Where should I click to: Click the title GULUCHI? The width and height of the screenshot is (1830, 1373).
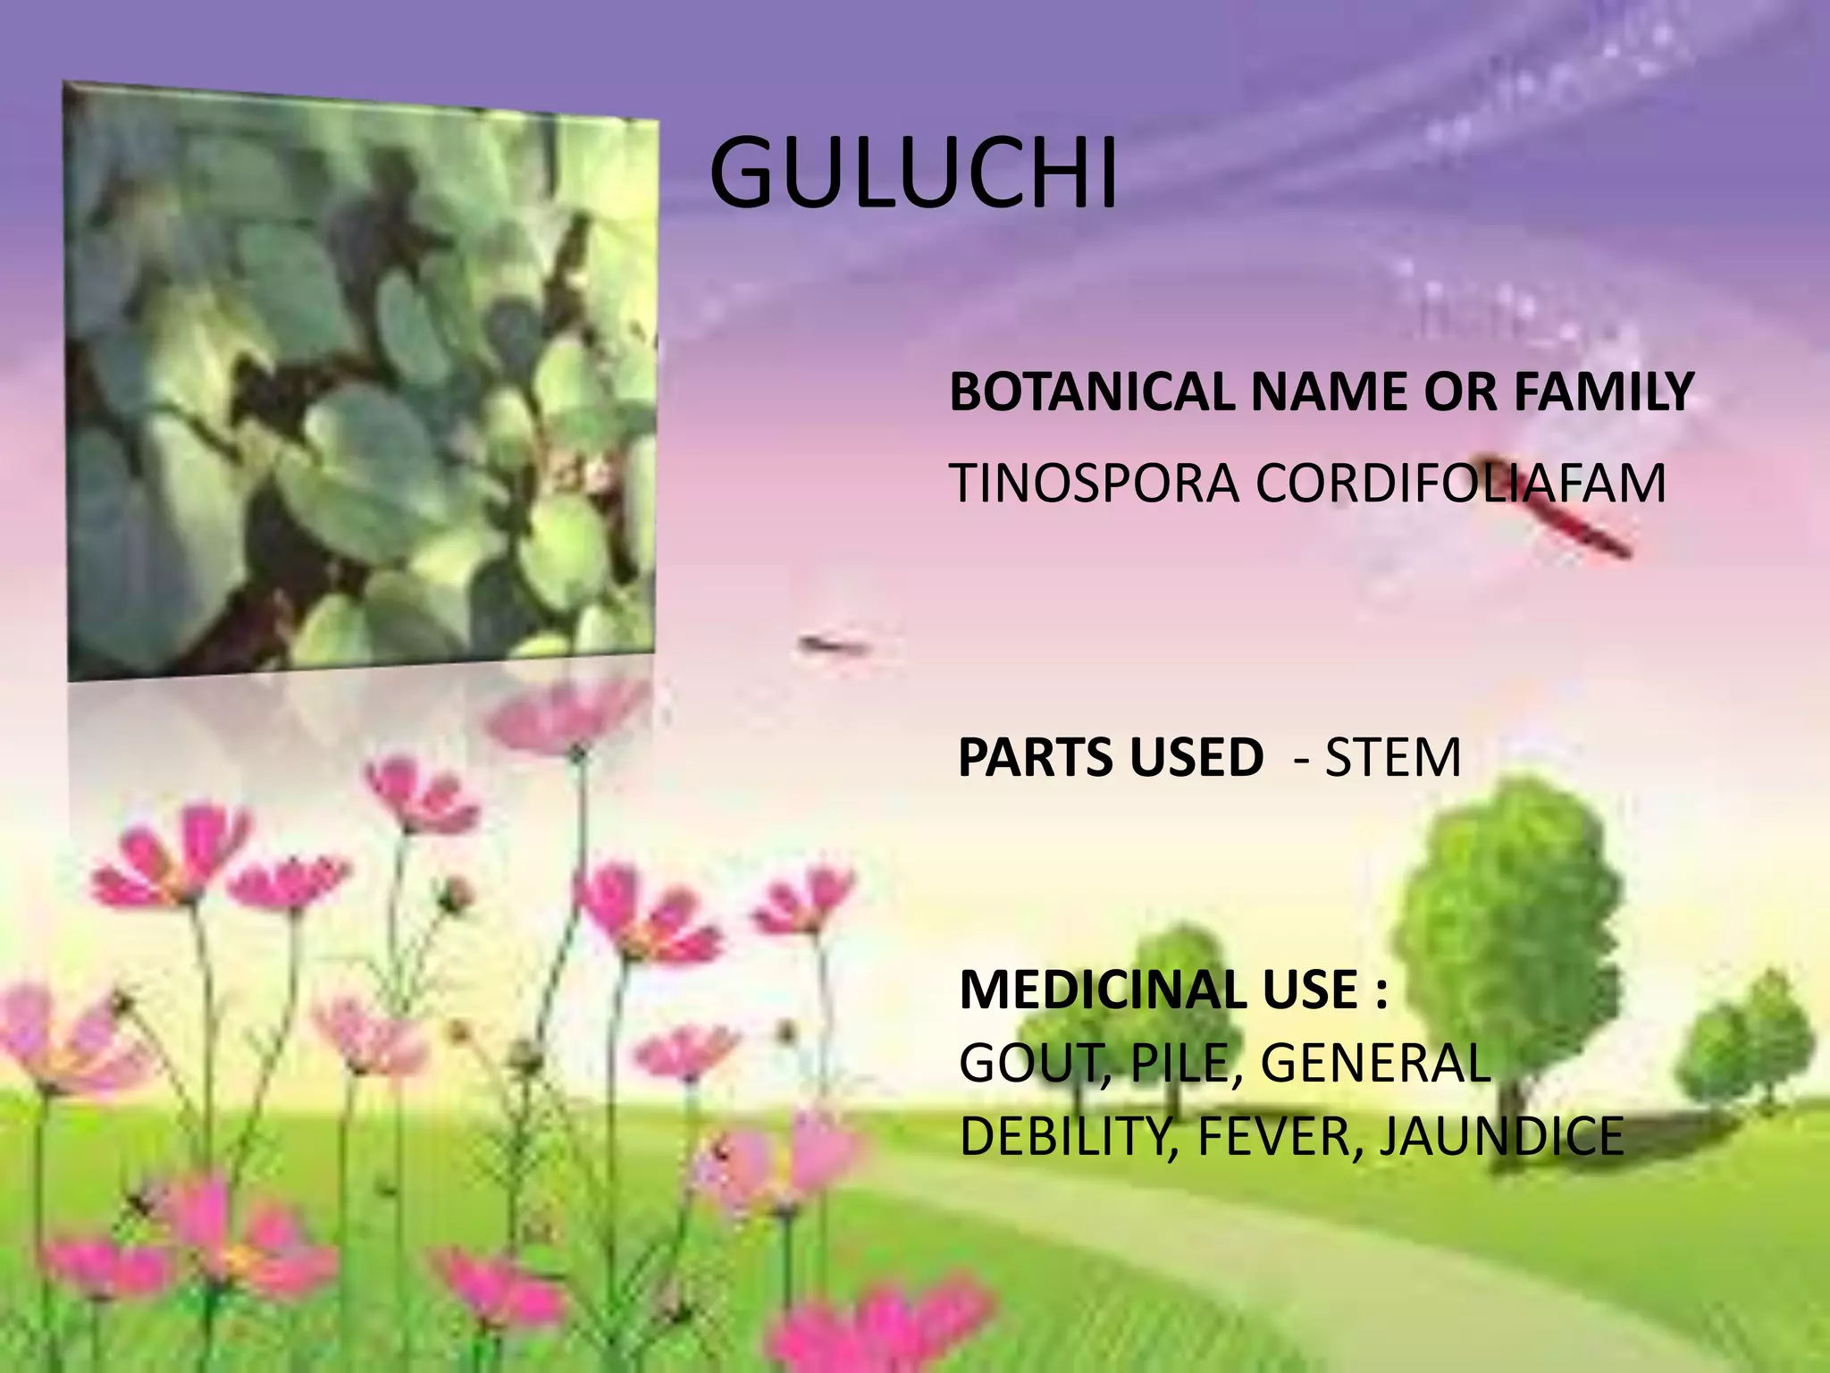click(x=912, y=173)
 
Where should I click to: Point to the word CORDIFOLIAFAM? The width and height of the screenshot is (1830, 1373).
click(x=1460, y=484)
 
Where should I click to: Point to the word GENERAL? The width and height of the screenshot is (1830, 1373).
click(x=1375, y=1064)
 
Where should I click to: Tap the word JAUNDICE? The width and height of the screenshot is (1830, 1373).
click(x=1501, y=1136)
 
